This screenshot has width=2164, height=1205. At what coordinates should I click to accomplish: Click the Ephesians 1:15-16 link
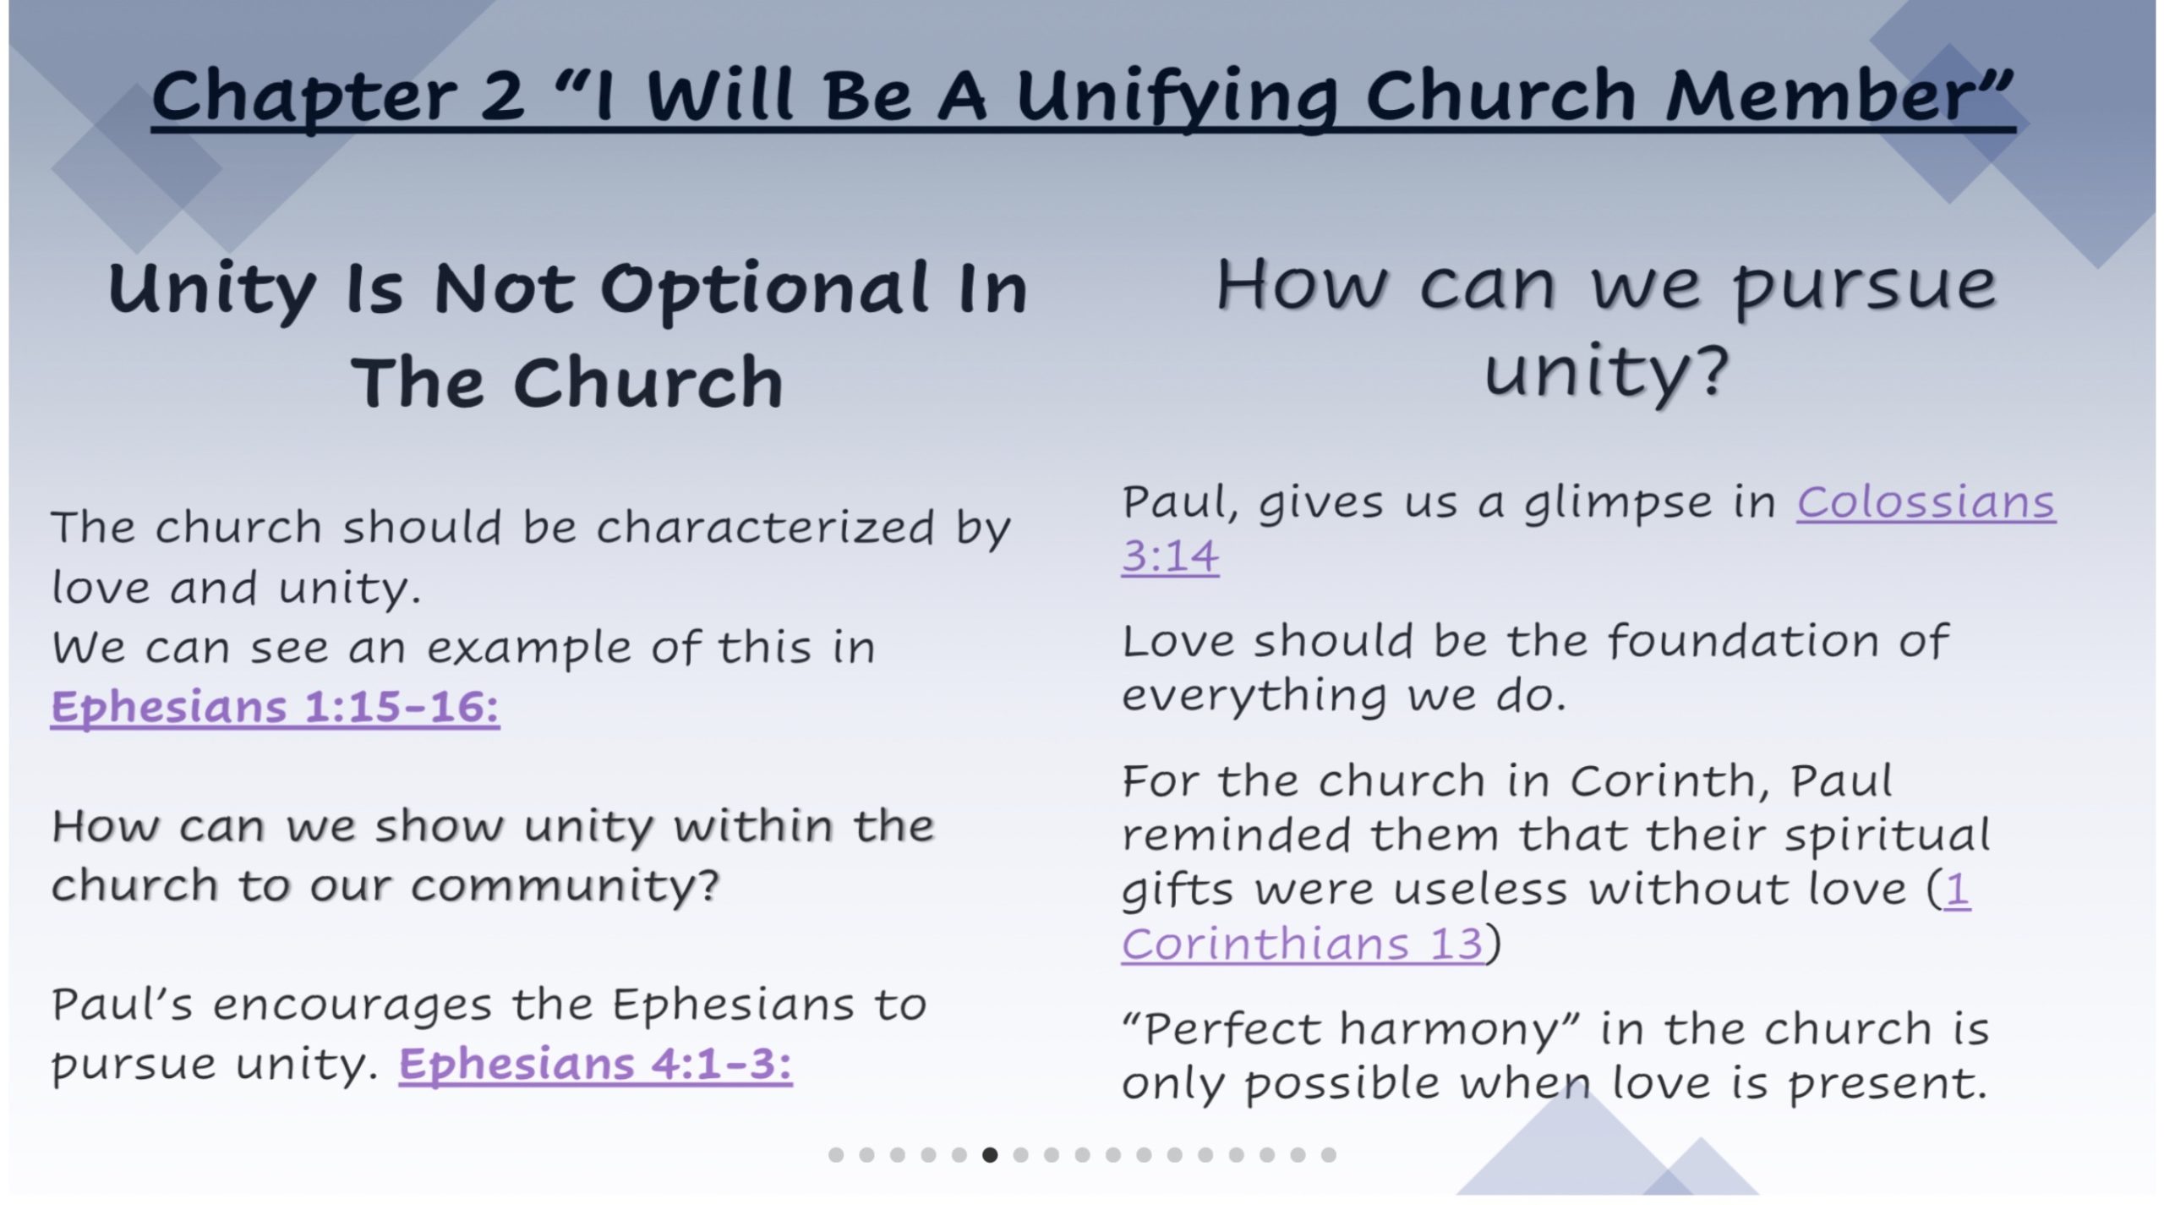[x=275, y=706]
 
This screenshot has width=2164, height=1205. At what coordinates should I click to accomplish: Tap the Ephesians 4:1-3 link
[x=596, y=1064]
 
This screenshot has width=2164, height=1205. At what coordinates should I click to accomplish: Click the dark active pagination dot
[x=990, y=1154]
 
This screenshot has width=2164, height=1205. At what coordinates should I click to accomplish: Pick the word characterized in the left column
[x=765, y=527]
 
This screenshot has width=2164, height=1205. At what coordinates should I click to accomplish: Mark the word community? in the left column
[x=565, y=885]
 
